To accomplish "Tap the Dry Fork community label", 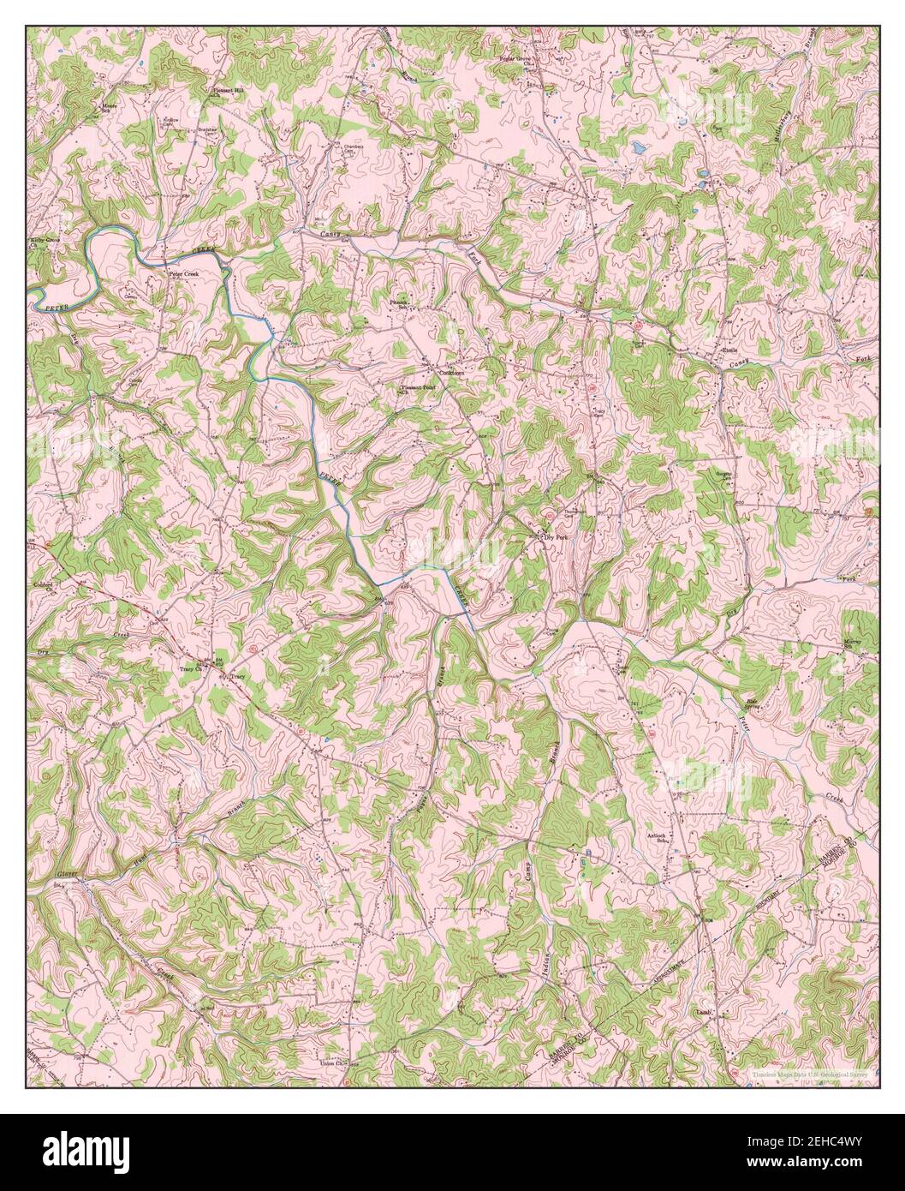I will (x=555, y=537).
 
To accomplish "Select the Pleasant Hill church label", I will (x=229, y=89).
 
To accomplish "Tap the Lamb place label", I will (x=706, y=1012).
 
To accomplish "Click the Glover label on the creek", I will (x=45, y=873).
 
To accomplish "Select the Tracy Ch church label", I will (x=189, y=670).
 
